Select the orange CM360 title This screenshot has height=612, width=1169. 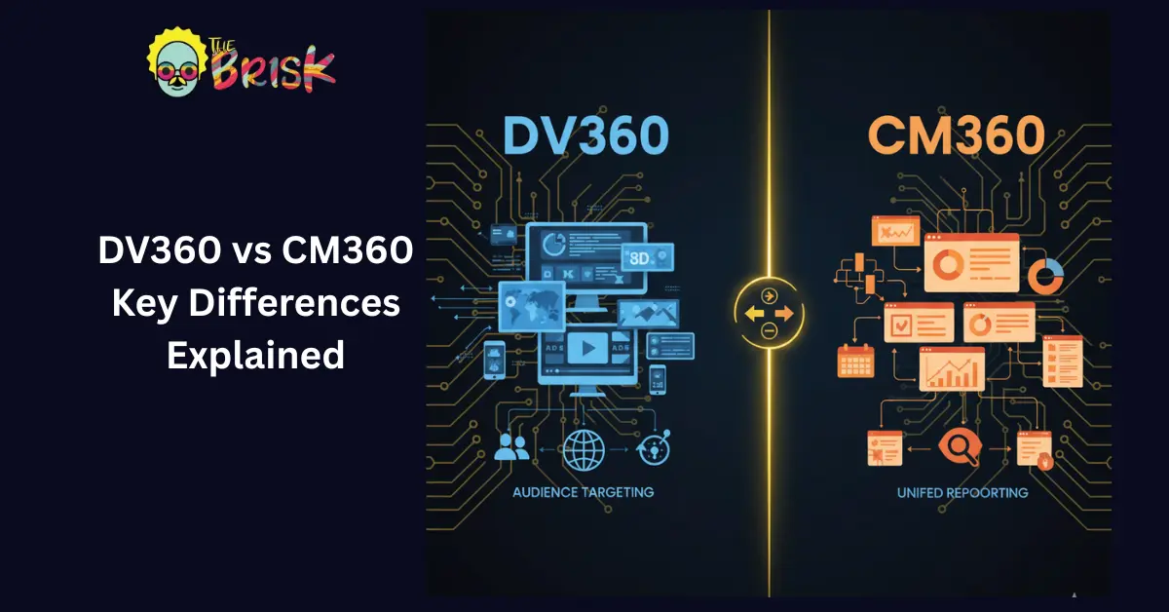pyautogui.click(x=957, y=137)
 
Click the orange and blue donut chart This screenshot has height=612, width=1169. pyautogui.click(x=1045, y=276)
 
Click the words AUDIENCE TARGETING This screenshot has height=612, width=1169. pyautogui.click(x=583, y=492)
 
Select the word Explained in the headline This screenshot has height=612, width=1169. pyautogui.click(x=255, y=354)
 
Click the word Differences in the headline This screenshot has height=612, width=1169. pyautogui.click(x=255, y=303)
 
